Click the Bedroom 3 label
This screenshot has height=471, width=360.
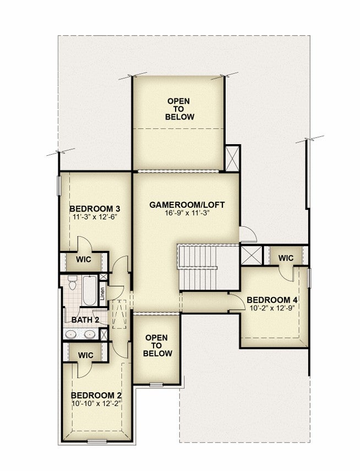click(95, 209)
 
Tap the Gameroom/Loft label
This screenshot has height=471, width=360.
click(187, 205)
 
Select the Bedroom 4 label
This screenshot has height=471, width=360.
click(272, 300)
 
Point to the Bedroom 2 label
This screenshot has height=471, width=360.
click(96, 395)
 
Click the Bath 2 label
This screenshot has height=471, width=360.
click(85, 320)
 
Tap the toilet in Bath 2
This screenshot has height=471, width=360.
click(72, 282)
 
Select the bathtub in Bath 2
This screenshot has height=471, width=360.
click(90, 291)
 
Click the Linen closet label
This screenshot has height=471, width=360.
click(102, 293)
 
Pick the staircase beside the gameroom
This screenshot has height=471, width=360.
click(198, 267)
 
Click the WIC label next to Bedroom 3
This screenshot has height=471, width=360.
click(83, 259)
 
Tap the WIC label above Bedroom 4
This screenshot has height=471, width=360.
click(286, 258)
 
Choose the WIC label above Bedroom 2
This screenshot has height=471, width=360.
click(86, 355)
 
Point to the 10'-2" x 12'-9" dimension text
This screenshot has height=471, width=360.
click(272, 308)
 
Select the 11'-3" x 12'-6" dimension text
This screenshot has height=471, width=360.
click(95, 217)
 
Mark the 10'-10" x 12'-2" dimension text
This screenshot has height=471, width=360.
click(96, 403)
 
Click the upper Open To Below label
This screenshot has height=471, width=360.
click(179, 109)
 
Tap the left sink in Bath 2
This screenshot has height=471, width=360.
click(71, 334)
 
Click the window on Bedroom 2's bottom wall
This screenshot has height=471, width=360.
click(97, 441)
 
